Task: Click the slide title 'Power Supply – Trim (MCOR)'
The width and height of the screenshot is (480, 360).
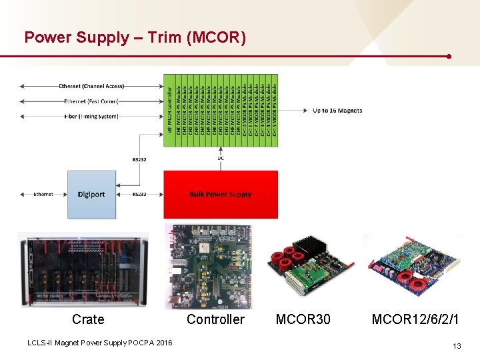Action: pyautogui.click(x=135, y=37)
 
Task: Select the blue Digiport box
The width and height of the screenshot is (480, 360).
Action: pyautogui.click(x=91, y=195)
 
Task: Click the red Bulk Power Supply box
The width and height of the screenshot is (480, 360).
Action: pyautogui.click(x=221, y=195)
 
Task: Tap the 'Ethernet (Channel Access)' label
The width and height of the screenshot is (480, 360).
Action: pyautogui.click(x=91, y=86)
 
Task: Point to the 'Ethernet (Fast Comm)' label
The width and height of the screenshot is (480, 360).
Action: pyautogui.click(x=91, y=101)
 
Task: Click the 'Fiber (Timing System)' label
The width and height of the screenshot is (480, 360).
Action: pyautogui.click(x=91, y=116)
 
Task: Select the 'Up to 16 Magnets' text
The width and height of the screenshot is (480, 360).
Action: pyautogui.click(x=337, y=111)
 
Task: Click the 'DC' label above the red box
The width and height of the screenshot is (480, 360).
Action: pyautogui.click(x=221, y=158)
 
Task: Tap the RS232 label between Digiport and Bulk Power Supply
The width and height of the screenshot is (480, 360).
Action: pyautogui.click(x=139, y=195)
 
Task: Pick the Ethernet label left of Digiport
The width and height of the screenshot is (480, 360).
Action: pyautogui.click(x=43, y=195)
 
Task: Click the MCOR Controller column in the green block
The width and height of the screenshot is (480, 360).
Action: pyautogui.click(x=169, y=110)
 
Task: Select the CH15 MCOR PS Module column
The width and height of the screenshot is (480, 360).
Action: pyautogui.click(x=275, y=110)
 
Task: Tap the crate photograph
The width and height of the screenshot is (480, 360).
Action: pyautogui.click(x=83, y=270)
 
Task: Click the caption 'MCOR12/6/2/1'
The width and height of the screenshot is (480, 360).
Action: pyautogui.click(x=415, y=320)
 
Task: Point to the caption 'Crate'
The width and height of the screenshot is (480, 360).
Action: pyautogui.click(x=88, y=320)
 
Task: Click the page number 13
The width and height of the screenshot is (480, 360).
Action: pyautogui.click(x=457, y=346)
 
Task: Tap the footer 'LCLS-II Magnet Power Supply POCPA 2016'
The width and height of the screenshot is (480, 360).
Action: pyautogui.click(x=99, y=343)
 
